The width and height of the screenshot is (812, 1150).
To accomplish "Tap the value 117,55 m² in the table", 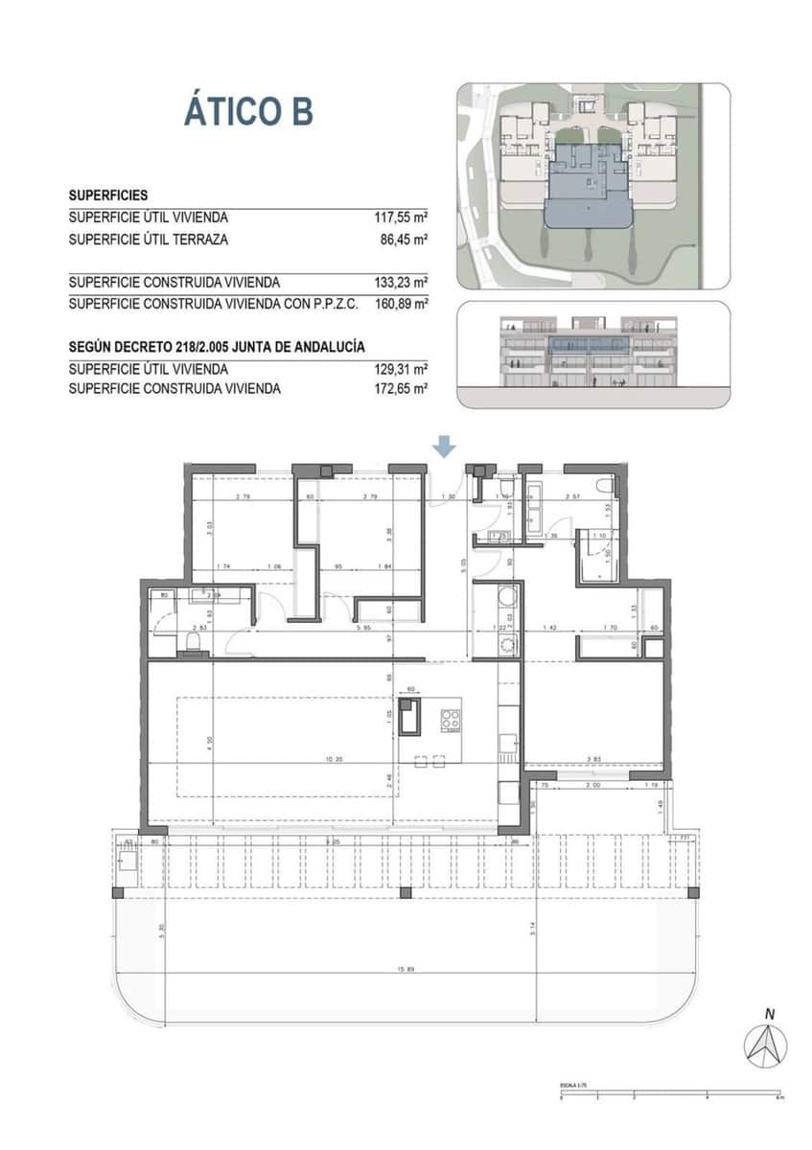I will tap(400, 218).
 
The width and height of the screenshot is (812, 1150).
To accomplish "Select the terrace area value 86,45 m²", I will tap(404, 240).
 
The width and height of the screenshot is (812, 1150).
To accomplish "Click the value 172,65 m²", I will tap(400, 389).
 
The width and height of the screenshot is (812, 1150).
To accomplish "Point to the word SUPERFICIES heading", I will tap(107, 195).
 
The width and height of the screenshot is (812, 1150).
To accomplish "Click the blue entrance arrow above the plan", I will tap(443, 447).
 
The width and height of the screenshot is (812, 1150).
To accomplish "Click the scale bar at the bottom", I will tap(671, 1094).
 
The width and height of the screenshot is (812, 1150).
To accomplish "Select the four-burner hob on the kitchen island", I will tap(451, 720).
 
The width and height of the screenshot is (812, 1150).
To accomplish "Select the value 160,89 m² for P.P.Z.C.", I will tap(400, 304).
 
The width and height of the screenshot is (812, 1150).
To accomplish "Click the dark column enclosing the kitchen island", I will tap(410, 717).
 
